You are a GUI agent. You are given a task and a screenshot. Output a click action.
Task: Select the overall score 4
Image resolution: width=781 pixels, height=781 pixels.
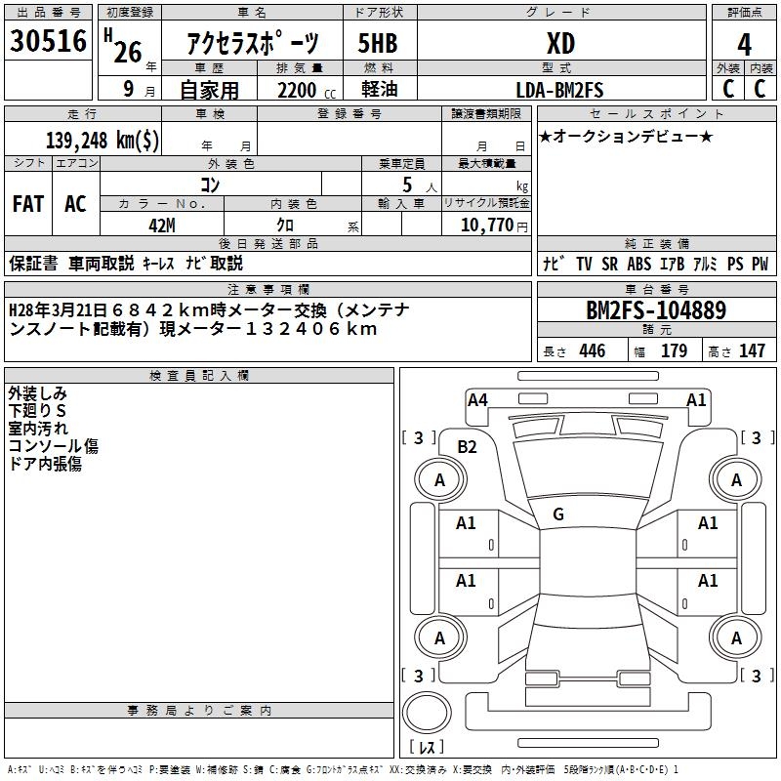[744, 44]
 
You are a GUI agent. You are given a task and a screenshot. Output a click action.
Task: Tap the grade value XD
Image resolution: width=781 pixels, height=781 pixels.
[560, 44]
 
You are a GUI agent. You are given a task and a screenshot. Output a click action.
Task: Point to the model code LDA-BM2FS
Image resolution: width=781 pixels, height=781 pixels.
[560, 90]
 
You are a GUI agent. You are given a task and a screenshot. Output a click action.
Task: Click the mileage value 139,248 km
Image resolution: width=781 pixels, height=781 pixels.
[103, 140]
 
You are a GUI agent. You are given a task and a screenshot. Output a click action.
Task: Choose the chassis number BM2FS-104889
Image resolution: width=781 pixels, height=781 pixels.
[655, 311]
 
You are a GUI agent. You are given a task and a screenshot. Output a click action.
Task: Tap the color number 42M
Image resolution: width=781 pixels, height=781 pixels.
[161, 225]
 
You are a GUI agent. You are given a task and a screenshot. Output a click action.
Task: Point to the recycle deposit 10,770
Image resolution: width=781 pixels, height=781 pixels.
[485, 225]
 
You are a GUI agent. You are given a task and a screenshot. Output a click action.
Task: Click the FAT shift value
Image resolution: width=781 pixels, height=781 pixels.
[28, 204]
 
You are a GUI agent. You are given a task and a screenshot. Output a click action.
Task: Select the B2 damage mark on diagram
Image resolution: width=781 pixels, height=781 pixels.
[468, 447]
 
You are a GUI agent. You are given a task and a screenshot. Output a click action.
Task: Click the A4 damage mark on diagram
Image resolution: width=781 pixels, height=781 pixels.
[477, 399]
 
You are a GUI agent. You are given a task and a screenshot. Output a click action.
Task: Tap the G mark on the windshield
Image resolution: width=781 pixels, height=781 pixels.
[558, 514]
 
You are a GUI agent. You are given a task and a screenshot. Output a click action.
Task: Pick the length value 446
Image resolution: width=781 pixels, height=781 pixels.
[592, 351]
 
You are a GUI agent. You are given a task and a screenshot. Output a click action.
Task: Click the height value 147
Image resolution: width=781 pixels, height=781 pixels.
[752, 351]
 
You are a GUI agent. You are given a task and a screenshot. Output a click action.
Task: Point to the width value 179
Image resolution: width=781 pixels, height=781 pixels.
[674, 351]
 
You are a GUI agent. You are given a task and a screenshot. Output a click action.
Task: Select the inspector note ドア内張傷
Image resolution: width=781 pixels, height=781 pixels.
[45, 464]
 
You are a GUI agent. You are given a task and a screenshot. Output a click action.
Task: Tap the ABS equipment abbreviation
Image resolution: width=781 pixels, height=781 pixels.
[639, 264]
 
